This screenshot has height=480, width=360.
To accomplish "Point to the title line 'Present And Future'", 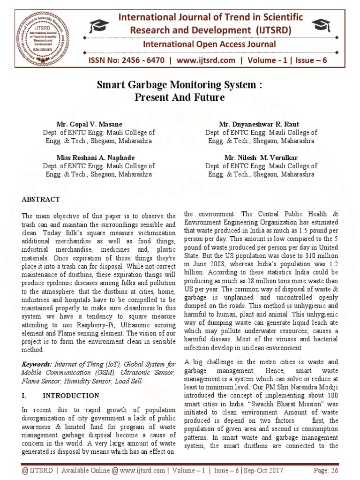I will [180, 98].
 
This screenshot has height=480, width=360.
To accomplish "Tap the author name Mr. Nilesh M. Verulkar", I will [262, 157].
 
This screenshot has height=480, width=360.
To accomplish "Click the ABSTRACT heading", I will [41, 199].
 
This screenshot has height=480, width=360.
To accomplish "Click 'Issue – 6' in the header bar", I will [310, 61].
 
